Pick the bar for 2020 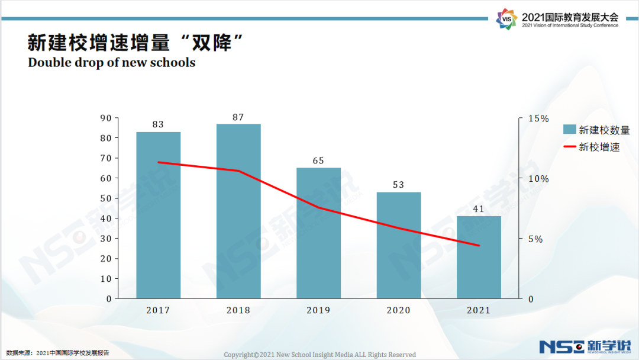(x=399, y=245)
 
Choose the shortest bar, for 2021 (x=479, y=257)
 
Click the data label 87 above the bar (x=238, y=117)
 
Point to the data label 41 (x=479, y=209)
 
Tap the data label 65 (x=318, y=161)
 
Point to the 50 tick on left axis (x=106, y=198)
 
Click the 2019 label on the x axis (x=318, y=310)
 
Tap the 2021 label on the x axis (x=479, y=310)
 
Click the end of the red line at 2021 (x=479, y=245)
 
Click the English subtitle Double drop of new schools (x=112, y=62)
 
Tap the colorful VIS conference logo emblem (x=506, y=20)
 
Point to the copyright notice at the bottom (x=319, y=355)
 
